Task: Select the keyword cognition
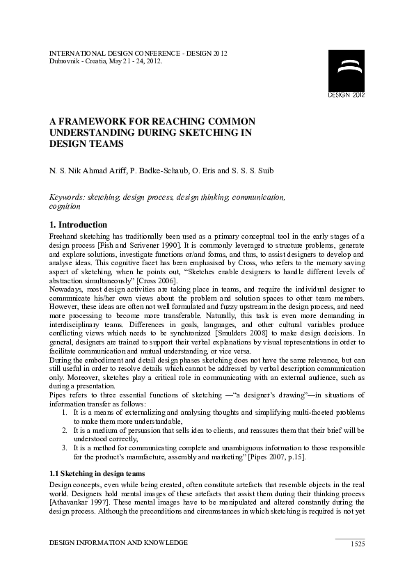(65, 207)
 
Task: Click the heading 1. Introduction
(78, 225)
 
